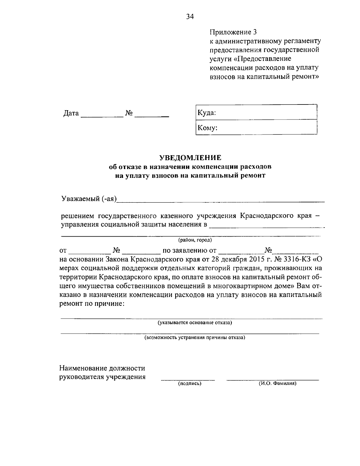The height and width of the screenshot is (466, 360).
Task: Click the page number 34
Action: (190, 17)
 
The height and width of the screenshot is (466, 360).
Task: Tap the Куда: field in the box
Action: (256, 113)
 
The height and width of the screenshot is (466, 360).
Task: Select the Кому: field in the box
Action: (256, 128)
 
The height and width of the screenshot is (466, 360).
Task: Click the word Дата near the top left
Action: (71, 113)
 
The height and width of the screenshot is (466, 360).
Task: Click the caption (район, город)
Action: (195, 240)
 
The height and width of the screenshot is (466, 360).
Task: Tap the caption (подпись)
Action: (190, 384)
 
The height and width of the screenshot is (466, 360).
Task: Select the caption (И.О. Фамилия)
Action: (277, 384)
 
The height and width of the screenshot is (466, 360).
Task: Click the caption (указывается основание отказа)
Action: (195, 323)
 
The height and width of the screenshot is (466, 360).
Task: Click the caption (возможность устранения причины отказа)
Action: (195, 338)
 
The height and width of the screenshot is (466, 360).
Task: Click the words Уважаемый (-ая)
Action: (89, 199)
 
